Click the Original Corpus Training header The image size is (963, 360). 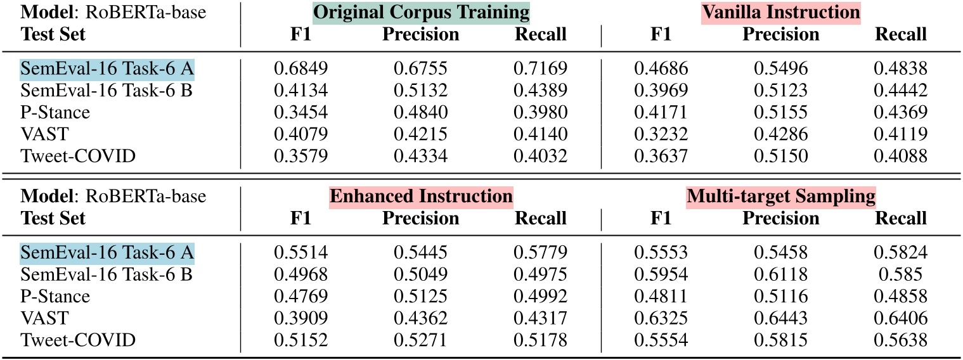point(421,12)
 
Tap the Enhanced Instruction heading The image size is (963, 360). point(421,196)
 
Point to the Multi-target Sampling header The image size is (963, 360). point(781,196)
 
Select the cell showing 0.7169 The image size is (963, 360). point(540,68)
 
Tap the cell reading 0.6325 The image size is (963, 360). point(661,318)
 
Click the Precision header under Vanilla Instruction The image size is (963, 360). point(781,34)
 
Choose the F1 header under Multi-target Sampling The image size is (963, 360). point(661,219)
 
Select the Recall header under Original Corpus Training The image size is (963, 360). point(540,34)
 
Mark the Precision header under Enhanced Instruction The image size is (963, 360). point(421,219)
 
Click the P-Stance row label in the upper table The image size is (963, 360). point(55,112)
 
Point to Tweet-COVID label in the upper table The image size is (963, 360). point(78,156)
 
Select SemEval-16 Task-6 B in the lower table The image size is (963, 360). point(107,274)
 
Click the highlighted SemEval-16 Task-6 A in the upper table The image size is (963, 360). point(107,68)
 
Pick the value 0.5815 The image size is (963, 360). point(781,340)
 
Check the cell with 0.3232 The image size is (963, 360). point(661,134)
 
